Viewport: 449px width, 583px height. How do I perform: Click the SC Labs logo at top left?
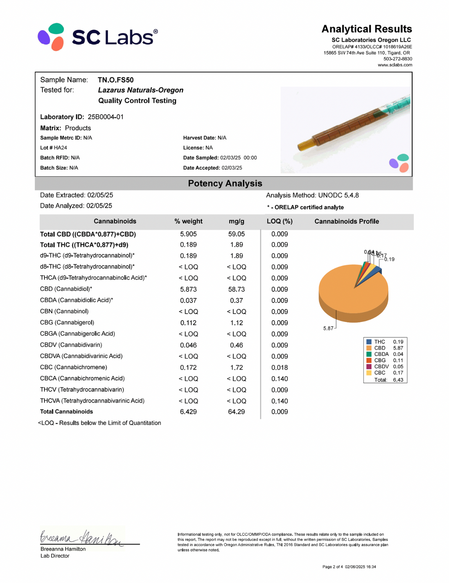pos(97,37)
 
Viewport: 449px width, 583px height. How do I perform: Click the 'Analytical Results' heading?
pos(366,29)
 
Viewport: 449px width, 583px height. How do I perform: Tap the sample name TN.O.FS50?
pos(116,80)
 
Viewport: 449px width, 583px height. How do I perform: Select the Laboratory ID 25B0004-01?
pos(106,117)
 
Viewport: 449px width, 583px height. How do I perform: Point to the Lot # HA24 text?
pos(54,148)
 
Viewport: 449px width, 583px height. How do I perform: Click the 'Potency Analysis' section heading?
pos(225,183)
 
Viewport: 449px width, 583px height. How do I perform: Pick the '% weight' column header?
pos(188,221)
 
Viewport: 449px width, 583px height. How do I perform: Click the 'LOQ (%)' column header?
pos(280,221)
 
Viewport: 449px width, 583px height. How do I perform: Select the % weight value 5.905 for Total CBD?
pos(188,234)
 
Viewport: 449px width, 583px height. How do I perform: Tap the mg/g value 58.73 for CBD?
pos(236,289)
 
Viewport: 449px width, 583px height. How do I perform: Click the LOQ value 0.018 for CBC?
pos(280,368)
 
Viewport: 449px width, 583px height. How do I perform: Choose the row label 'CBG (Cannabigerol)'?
pos(67,322)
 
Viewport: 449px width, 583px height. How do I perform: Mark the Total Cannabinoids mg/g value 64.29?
pos(236,412)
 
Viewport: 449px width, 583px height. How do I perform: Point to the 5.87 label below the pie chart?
pos(328,328)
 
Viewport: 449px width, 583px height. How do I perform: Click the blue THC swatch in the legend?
pos(369,342)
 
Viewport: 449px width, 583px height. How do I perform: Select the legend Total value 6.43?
pos(398,380)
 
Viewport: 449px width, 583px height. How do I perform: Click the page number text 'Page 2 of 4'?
pos(333,567)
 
